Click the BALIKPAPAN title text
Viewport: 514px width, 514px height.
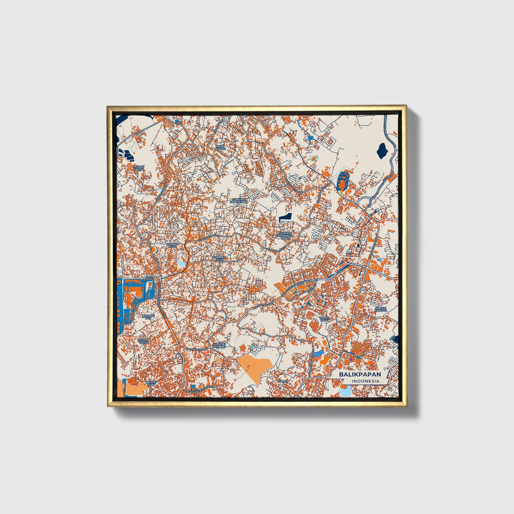(x=360, y=375)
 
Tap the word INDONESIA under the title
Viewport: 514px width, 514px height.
(x=365, y=381)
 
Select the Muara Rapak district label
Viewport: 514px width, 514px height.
(x=138, y=167)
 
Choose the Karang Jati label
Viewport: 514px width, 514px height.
(x=148, y=317)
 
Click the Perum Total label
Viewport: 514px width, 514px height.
(x=144, y=341)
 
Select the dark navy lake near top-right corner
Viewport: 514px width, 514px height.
(x=382, y=150)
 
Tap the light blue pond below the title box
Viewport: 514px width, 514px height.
(x=345, y=391)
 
